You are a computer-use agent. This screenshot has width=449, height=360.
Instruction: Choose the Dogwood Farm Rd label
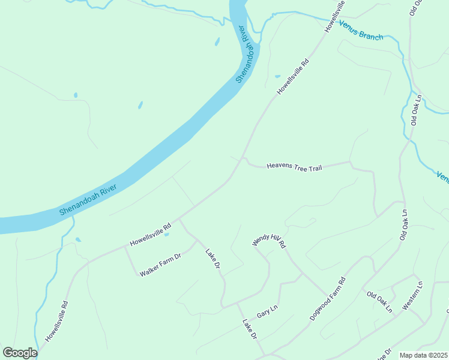pos(328,298)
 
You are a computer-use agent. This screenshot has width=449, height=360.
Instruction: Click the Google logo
pos(20,353)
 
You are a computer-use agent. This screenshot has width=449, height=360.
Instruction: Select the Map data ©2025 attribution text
pos(424,355)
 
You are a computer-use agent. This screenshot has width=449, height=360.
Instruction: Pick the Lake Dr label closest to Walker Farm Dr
pos(212,259)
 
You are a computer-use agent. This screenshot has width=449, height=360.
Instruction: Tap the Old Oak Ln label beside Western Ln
pos(379,302)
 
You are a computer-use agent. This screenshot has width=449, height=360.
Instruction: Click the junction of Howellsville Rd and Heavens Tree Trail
pos(243,159)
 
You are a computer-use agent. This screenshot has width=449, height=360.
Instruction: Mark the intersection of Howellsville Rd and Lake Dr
pos(179,220)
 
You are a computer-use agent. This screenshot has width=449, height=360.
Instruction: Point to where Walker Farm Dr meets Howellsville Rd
pos(125,247)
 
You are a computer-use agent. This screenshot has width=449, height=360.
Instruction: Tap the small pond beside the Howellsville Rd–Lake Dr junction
pos(166,234)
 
